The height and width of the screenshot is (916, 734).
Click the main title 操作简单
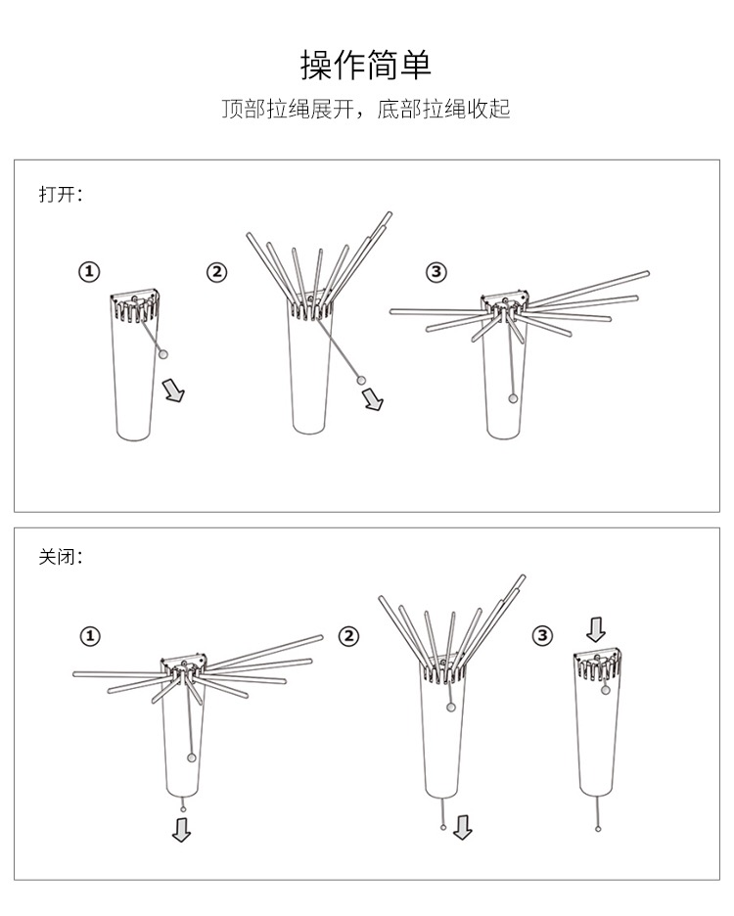tap(365, 65)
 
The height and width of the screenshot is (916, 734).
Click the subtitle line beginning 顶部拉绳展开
tap(365, 109)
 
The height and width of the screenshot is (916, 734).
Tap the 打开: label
tap(61, 193)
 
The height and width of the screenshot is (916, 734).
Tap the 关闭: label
tap(61, 557)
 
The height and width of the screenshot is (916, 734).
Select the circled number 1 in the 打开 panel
tap(89, 272)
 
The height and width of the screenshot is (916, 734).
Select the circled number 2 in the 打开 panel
tap(216, 272)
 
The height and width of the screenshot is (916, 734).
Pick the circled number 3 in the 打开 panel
tap(436, 272)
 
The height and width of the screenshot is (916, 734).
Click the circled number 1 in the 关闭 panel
tap(89, 636)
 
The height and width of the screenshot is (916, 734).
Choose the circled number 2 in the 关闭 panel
tap(348, 636)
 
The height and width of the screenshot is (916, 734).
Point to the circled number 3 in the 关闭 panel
tap(543, 636)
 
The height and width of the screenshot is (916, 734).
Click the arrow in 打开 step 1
tap(175, 391)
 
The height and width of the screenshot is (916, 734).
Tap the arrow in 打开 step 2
tap(373, 399)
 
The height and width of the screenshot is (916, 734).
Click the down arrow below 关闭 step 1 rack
tap(182, 829)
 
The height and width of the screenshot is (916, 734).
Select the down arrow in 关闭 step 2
tap(463, 828)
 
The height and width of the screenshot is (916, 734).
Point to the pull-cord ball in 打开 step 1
tap(163, 353)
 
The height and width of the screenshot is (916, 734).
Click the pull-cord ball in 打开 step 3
tap(512, 397)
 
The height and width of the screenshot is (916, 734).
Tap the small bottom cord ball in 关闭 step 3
tap(598, 829)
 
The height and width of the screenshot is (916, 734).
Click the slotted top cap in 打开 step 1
tap(135, 304)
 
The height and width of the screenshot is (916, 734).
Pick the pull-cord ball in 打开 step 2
tap(361, 378)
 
